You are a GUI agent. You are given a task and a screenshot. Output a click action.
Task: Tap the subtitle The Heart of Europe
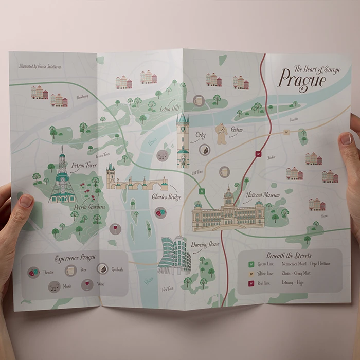(317, 69)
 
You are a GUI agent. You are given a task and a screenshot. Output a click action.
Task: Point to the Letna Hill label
(170, 109)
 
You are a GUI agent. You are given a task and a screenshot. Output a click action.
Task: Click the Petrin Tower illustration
(63, 176)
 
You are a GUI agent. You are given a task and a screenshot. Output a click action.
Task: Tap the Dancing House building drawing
(173, 255)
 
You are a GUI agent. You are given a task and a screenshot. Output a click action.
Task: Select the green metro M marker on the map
(202, 191)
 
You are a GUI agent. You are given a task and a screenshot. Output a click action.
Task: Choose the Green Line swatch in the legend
(251, 264)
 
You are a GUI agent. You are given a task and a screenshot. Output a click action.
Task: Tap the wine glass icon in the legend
(87, 285)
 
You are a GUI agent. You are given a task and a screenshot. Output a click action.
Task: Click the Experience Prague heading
(75, 257)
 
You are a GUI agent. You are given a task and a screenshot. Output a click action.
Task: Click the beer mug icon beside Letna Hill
(198, 100)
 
